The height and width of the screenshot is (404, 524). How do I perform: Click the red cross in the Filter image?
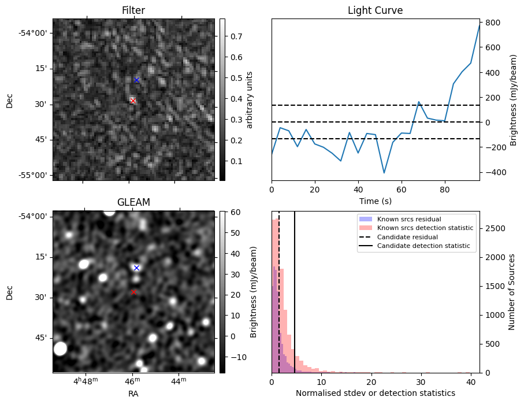[x=133, y=101]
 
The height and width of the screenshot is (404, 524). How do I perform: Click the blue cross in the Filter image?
[x=136, y=80]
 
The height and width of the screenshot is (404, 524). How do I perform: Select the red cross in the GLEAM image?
[x=133, y=292]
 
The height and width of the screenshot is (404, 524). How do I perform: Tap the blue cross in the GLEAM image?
[x=136, y=268]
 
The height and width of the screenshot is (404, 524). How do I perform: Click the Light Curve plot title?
[x=376, y=10]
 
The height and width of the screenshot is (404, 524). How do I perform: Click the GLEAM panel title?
[x=133, y=202]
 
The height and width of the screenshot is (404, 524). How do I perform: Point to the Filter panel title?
[x=133, y=10]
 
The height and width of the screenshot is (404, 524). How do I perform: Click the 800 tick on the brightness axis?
[x=493, y=23]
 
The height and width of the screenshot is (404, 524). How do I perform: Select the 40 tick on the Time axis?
[x=358, y=190]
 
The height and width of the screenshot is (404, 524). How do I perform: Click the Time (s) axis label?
[x=376, y=201]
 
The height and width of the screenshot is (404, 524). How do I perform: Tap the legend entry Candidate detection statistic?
[x=423, y=246]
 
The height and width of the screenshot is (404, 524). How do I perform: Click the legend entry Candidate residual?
[x=407, y=237]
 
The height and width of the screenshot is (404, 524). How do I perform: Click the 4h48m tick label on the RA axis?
[x=86, y=381]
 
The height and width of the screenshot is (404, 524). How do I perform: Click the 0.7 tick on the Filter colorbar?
[x=236, y=36]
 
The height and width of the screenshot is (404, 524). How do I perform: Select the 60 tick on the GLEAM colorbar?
[x=235, y=212]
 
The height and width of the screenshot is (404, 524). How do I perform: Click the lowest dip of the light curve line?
[x=384, y=173]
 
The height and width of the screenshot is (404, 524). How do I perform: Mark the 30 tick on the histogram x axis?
[x=421, y=382]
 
